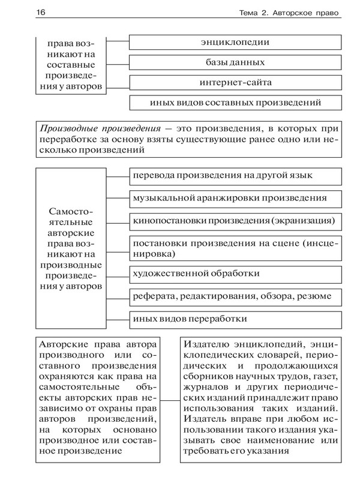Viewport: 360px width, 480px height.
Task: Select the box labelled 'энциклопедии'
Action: coord(235,42)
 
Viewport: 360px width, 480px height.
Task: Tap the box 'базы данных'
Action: coord(235,62)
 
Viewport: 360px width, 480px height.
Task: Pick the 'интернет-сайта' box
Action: coord(235,82)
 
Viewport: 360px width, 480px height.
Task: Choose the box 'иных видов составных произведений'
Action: coord(235,103)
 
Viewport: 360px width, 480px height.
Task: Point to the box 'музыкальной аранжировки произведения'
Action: coord(235,197)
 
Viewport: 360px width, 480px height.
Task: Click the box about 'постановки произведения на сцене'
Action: coord(235,247)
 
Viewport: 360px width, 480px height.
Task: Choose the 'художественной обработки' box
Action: coord(235,274)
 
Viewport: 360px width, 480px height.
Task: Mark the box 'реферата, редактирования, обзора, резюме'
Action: coord(235,296)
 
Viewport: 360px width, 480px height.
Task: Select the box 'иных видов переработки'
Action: coord(235,318)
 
